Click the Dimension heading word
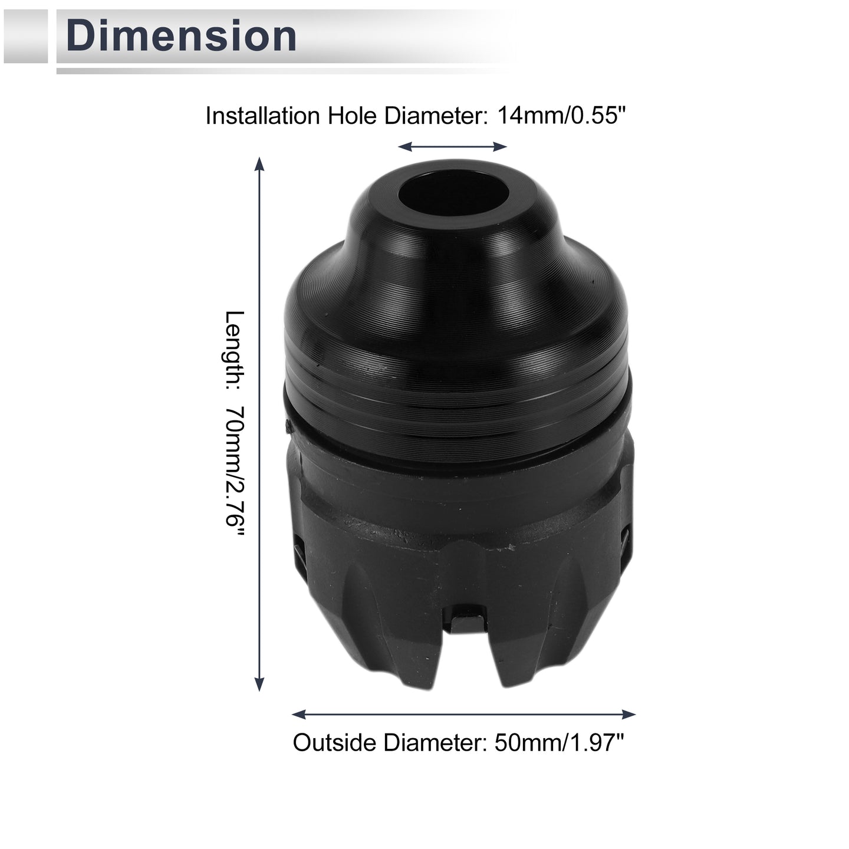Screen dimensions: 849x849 tap(181, 36)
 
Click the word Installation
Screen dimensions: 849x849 tap(262, 116)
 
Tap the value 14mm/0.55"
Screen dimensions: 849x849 tap(561, 116)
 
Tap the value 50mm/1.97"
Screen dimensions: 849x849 tap(560, 743)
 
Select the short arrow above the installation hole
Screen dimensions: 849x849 tap(452, 147)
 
